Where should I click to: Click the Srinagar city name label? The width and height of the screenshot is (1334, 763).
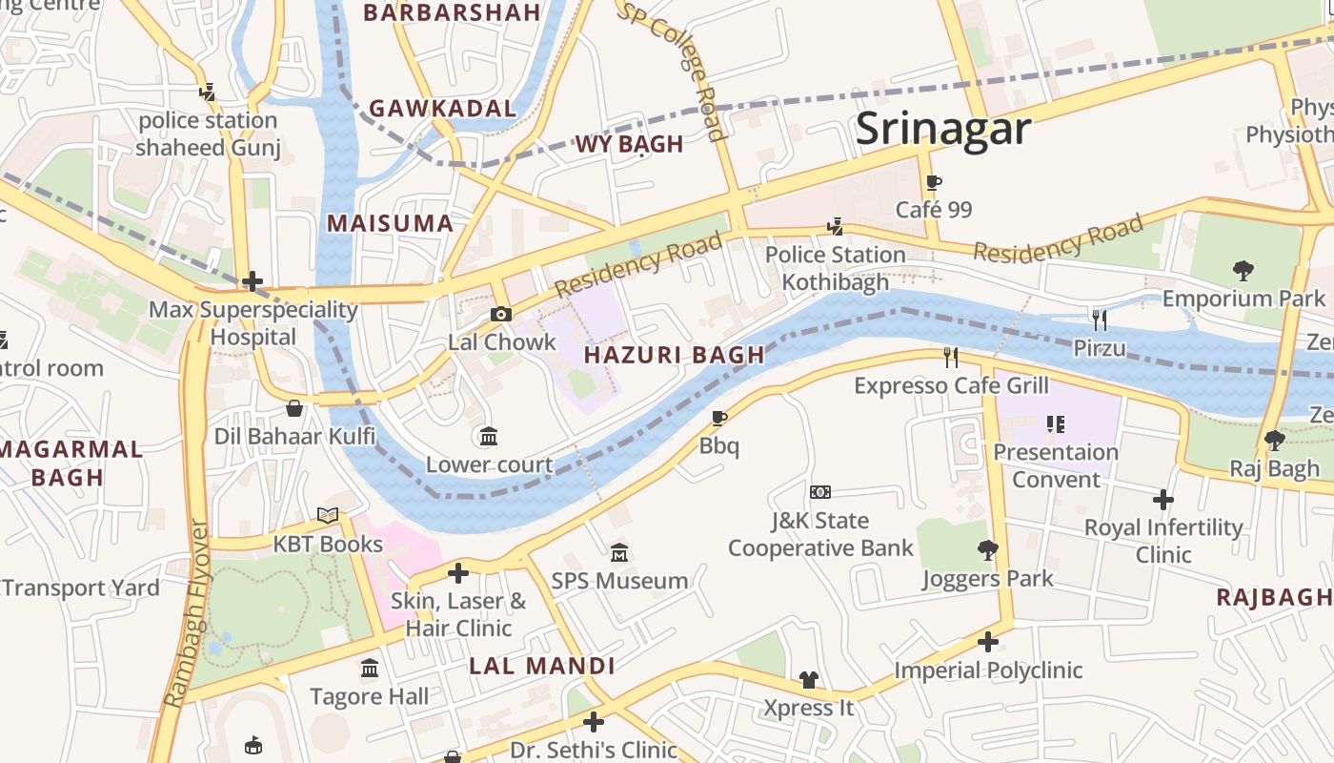pyautogui.click(x=942, y=129)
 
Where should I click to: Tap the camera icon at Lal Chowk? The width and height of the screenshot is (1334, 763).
pyautogui.click(x=501, y=314)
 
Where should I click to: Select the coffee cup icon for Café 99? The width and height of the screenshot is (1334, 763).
pyautogui.click(x=934, y=182)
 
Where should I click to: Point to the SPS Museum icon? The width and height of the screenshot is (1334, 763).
pyautogui.click(x=619, y=553)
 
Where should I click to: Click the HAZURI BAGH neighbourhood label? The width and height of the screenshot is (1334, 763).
pyautogui.click(x=674, y=355)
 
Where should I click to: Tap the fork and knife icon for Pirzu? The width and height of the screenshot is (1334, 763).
pyautogui.click(x=1100, y=320)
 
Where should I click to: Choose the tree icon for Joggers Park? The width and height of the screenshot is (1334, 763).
pyautogui.click(x=988, y=550)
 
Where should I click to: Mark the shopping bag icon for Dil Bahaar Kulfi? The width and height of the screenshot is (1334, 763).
pyautogui.click(x=294, y=408)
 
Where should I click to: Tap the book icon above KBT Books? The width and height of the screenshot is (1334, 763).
pyautogui.click(x=328, y=516)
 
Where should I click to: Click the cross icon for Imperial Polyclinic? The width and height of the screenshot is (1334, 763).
pyautogui.click(x=988, y=642)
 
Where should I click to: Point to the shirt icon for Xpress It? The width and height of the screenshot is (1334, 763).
pyautogui.click(x=808, y=679)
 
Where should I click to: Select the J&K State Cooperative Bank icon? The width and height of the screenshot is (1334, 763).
pyautogui.click(x=820, y=492)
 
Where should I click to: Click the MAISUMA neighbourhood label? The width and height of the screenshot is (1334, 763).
pyautogui.click(x=390, y=223)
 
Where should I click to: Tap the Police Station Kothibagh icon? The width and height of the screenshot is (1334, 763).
pyautogui.click(x=836, y=226)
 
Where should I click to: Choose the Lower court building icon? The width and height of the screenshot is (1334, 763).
pyautogui.click(x=489, y=437)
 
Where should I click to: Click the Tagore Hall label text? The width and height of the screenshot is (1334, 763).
pyautogui.click(x=370, y=696)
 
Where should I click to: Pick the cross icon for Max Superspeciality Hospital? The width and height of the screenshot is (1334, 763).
pyautogui.click(x=253, y=281)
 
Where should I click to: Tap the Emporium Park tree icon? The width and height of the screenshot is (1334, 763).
pyautogui.click(x=1243, y=271)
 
